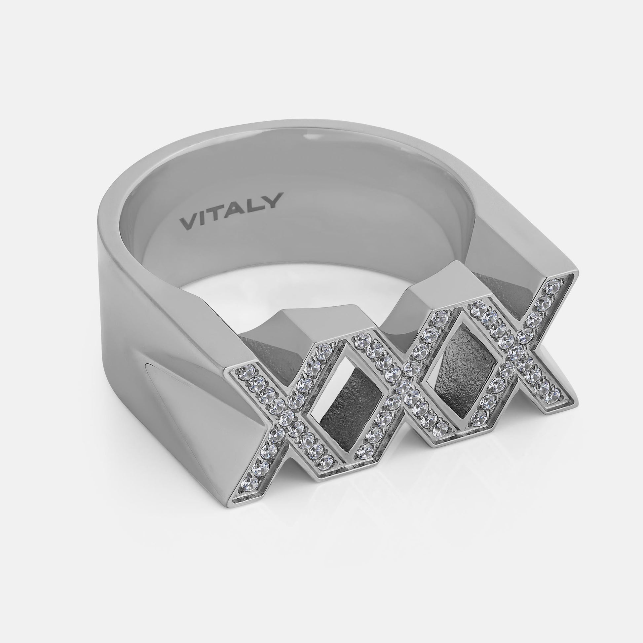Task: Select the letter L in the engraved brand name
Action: [255, 204]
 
